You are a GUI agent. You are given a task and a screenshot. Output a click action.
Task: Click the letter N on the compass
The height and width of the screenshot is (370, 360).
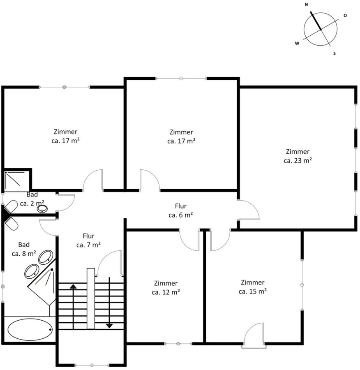[306, 5]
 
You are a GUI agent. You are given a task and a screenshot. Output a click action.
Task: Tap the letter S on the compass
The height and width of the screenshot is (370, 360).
[334, 53]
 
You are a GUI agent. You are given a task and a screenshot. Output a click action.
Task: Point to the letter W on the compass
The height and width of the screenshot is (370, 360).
[297, 43]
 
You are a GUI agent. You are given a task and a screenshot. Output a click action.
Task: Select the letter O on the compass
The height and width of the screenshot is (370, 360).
[345, 15]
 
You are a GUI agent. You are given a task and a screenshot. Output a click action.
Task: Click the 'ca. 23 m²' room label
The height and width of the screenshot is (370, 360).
[298, 160]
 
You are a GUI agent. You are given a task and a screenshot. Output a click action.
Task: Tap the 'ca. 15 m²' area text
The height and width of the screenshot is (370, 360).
[253, 291]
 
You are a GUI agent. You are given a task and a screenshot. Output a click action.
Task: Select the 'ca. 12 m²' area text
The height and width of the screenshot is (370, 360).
[166, 292]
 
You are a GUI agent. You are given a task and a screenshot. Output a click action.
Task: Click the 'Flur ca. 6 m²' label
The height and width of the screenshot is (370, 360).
[181, 210]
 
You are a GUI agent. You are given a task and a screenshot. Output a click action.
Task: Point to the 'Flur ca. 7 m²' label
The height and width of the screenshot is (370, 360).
[88, 240]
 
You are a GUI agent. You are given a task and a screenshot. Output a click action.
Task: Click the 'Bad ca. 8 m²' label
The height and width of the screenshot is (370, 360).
[24, 249]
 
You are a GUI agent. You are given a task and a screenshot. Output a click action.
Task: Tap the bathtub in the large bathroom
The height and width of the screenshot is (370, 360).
[30, 330]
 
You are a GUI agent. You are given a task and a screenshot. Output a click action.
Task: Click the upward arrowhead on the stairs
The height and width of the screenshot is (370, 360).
[74, 287]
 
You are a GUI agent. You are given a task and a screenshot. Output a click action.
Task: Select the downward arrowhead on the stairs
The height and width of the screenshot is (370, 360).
[109, 326]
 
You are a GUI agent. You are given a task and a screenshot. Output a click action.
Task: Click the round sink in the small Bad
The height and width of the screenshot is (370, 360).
[42, 208]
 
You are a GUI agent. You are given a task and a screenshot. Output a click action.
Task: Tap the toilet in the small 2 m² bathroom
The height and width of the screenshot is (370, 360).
[10, 206]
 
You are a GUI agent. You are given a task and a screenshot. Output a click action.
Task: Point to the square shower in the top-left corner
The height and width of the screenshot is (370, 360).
[16, 180]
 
